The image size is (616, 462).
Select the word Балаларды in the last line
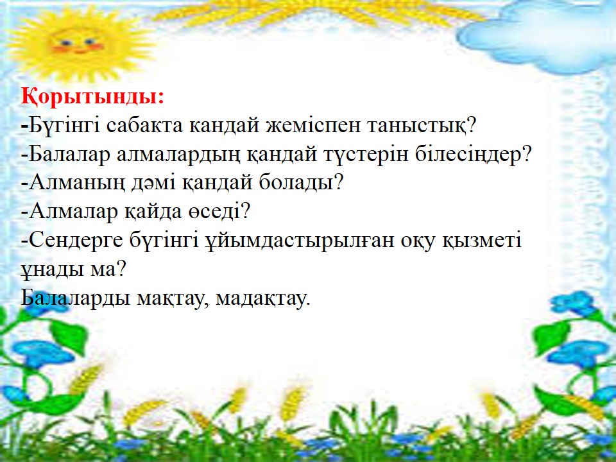tap(75, 298)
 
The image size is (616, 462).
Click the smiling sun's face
tap(78, 42)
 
